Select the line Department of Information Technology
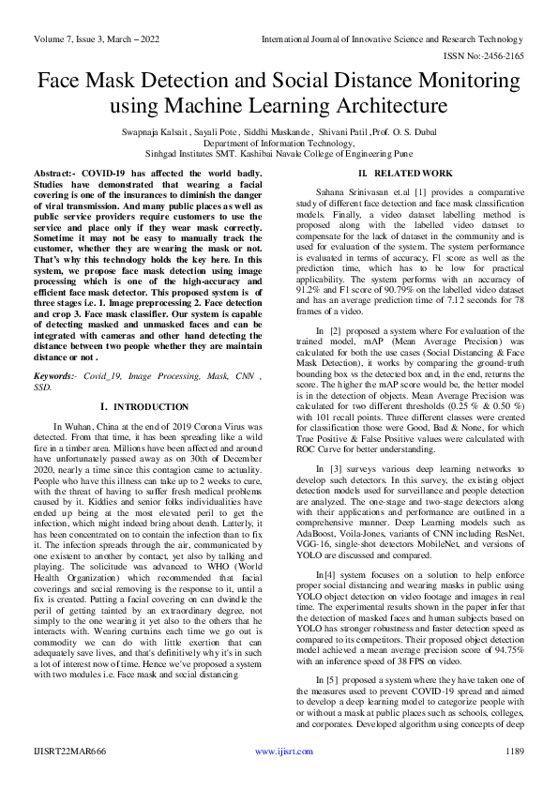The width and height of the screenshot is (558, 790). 279,145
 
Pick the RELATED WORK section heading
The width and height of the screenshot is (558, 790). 408,175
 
